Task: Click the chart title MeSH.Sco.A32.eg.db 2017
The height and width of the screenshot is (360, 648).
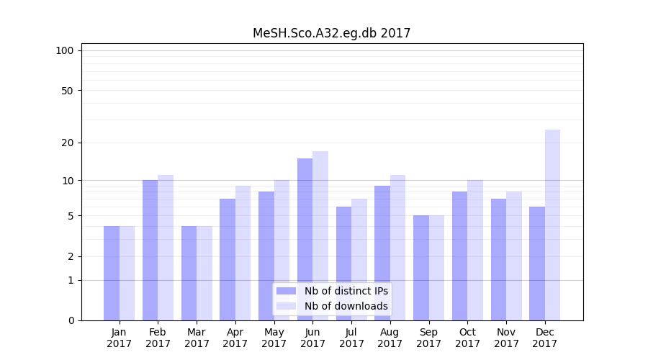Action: click(x=331, y=33)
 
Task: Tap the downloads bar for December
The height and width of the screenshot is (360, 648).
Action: click(x=552, y=225)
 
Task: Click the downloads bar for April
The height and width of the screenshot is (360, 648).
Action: click(x=243, y=253)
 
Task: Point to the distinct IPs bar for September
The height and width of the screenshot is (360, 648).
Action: click(x=421, y=268)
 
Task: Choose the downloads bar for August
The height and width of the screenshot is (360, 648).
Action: click(x=398, y=248)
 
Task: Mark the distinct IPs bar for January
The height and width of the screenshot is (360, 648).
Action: click(x=112, y=273)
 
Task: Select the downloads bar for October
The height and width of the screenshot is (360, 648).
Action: click(x=475, y=250)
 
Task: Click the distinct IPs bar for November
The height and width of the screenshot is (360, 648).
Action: click(x=499, y=259)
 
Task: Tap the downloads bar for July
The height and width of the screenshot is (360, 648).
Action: click(x=359, y=259)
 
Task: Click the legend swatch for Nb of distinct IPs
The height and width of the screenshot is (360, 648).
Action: click(x=287, y=291)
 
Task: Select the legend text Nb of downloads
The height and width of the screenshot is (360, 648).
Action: click(x=346, y=306)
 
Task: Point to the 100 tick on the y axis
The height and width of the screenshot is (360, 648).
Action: click(x=65, y=50)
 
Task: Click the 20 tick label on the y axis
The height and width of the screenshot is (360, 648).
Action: click(x=68, y=143)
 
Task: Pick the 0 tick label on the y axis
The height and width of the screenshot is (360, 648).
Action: click(x=71, y=320)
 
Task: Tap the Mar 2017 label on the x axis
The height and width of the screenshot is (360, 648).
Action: click(x=197, y=338)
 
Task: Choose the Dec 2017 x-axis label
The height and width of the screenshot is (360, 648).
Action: click(x=545, y=338)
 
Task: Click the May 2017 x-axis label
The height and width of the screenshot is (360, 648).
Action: click(x=274, y=338)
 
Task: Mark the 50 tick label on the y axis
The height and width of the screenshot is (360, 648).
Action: click(x=68, y=91)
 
